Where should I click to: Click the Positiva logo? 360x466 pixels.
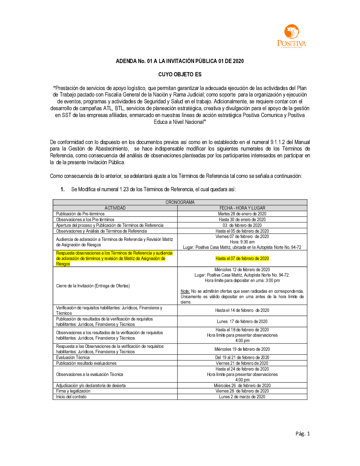tap(292, 36)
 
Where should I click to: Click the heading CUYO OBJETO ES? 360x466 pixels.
tap(180, 75)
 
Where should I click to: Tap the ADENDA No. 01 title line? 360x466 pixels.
tap(180, 61)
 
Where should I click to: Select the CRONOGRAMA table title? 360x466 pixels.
tap(180, 202)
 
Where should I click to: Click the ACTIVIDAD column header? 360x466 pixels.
tap(115, 208)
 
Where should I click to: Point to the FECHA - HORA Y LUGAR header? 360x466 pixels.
tap(242, 208)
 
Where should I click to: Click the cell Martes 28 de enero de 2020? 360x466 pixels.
tap(242, 214)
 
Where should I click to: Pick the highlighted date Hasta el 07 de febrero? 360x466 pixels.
tap(242, 259)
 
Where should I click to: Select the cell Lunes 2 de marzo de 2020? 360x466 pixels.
tap(242, 397)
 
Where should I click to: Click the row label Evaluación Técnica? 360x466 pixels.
tap(73, 358)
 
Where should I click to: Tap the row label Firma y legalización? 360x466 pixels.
tap(73, 391)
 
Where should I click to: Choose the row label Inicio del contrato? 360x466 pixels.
tap(71, 397)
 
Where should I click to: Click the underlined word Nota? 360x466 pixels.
tap(185, 291)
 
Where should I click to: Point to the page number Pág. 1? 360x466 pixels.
tap(302, 434)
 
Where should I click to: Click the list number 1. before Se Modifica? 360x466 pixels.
tap(63, 189)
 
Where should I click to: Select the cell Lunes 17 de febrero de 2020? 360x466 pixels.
tap(242, 322)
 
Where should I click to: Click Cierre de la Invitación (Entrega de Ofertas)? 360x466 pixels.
tap(93, 286)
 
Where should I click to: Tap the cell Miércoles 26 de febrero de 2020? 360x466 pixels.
tap(242, 386)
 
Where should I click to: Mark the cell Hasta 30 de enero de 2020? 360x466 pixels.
tap(242, 220)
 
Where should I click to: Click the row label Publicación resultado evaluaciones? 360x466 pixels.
tap(86, 363)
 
